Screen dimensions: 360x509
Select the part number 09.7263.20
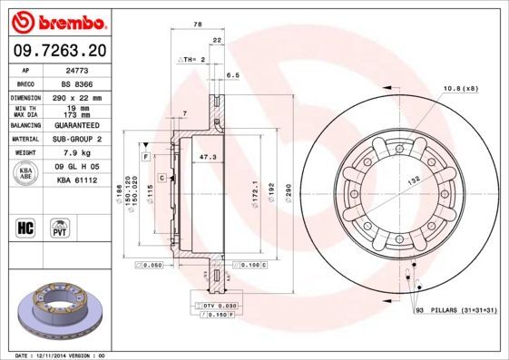pyautogui.click(x=55, y=51)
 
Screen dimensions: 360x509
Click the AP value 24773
pyautogui.click(x=77, y=69)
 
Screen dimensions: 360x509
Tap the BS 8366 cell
pyautogui.click(x=77, y=83)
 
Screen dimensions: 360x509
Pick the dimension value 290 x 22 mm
pyautogui.click(x=77, y=96)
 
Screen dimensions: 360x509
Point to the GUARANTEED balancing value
pyautogui.click(x=77, y=124)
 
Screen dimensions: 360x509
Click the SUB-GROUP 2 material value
pyautogui.click(x=77, y=139)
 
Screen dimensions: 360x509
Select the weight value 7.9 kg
pyautogui.click(x=77, y=152)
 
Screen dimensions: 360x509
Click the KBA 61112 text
pyautogui.click(x=77, y=180)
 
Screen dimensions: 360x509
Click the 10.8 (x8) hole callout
pyautogui.click(x=460, y=87)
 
